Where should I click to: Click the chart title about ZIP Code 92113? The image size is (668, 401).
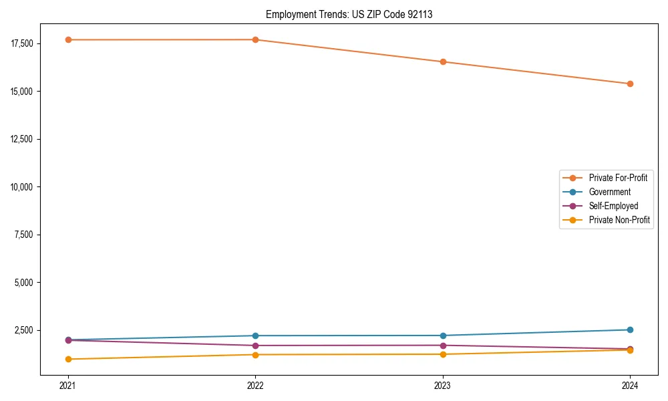349,14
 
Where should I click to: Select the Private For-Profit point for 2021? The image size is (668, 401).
68,40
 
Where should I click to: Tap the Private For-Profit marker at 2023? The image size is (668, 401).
443,62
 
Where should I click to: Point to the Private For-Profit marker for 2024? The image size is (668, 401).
630,84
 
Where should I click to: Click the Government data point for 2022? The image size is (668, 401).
255,336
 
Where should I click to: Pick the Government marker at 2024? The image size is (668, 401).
630,329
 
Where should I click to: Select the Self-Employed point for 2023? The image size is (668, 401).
443,346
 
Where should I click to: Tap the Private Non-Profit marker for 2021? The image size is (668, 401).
68,359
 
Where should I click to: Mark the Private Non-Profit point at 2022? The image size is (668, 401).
255,354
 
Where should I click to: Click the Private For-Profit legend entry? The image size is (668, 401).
617,178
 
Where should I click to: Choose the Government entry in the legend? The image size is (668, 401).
609,192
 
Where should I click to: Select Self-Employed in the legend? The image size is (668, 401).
613,206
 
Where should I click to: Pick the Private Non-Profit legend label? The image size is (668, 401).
619,220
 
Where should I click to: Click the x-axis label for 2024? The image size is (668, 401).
630,385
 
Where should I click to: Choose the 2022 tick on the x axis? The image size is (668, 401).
255,385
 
